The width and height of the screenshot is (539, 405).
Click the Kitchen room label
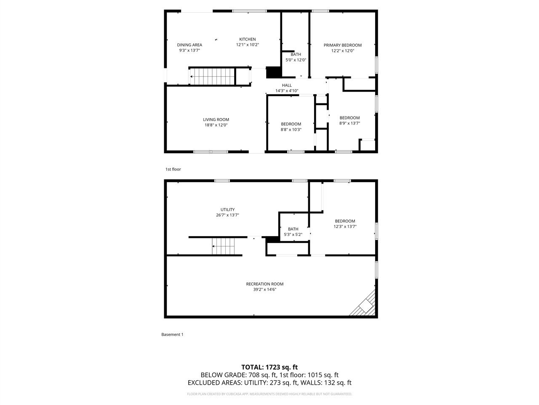click(247, 39)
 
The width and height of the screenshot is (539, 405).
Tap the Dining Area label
click(189, 45)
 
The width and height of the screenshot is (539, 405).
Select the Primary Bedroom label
click(342, 45)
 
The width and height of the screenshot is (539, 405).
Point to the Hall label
click(287, 85)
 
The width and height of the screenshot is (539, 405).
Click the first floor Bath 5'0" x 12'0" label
click(296, 54)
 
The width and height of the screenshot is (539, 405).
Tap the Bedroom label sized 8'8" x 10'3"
click(291, 124)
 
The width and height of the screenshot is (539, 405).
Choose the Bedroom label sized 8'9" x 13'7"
click(350, 118)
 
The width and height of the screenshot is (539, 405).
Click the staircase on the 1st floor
click(212, 77)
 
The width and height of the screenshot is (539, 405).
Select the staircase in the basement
click(223, 246)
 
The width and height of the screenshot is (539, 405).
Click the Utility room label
click(227, 210)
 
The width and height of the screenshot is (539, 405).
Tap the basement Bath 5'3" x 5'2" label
click(293, 229)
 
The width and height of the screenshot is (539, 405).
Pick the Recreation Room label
click(264, 284)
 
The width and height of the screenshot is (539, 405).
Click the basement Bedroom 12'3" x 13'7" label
click(345, 221)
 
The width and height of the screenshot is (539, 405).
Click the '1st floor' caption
click(173, 169)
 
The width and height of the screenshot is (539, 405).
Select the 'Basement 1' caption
click(172, 335)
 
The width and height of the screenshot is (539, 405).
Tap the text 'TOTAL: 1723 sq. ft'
click(269, 367)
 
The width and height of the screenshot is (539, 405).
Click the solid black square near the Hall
click(273, 73)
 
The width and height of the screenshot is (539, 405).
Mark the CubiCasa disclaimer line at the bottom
click(269, 394)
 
